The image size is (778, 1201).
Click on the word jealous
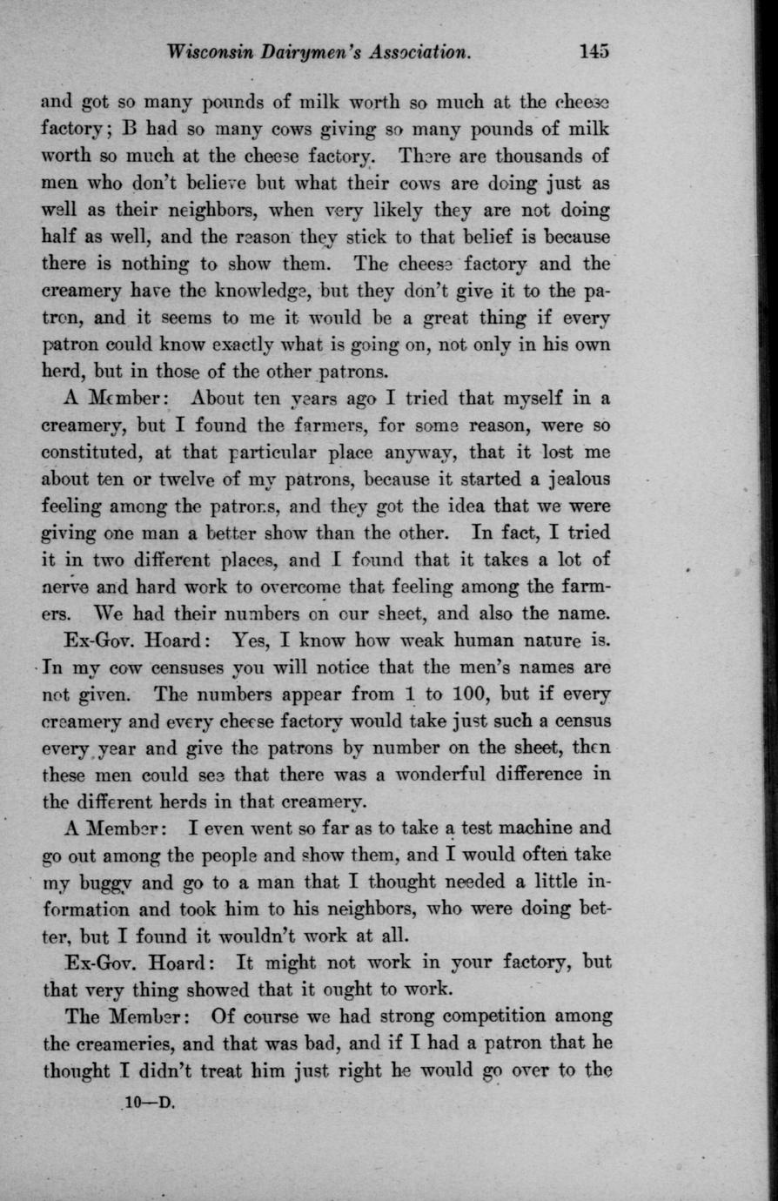pyautogui.click(x=568, y=480)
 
